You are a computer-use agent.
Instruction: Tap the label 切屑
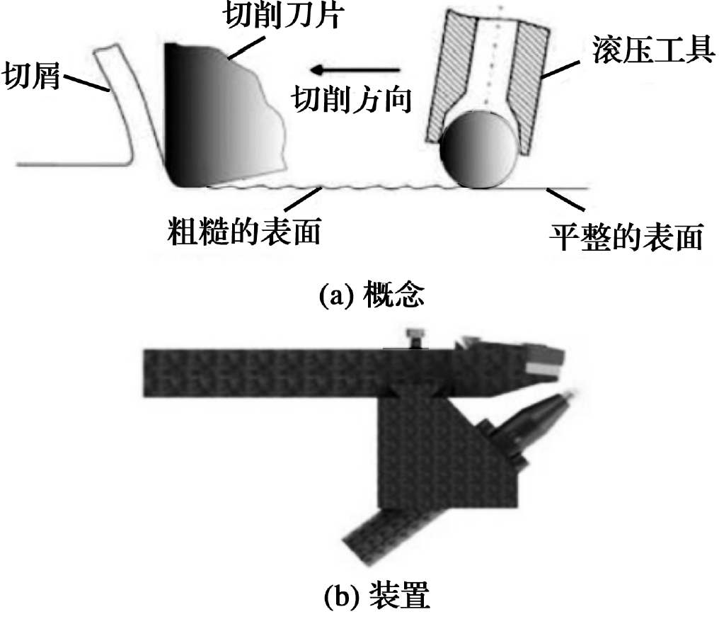pyautogui.click(x=31, y=75)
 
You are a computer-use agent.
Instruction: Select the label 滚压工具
pyautogui.click(x=653, y=50)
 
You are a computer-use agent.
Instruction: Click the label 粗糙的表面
pyautogui.click(x=244, y=230)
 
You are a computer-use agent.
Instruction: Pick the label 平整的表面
pyautogui.click(x=626, y=237)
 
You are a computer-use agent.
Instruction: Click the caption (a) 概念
pyautogui.click(x=372, y=295)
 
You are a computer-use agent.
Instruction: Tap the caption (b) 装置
pyautogui.click(x=377, y=595)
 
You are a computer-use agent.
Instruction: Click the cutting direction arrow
pyautogui.click(x=355, y=69)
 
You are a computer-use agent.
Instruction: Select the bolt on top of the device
pyautogui.click(x=416, y=339)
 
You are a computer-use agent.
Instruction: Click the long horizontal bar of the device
pyautogui.click(x=298, y=373)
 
